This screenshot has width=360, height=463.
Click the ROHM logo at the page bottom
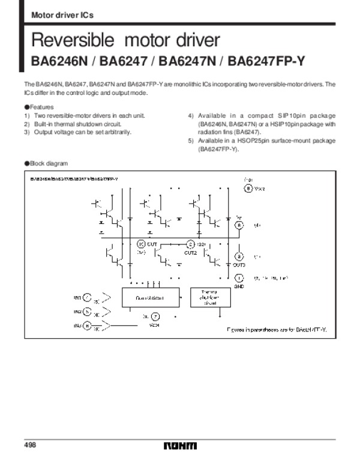179,446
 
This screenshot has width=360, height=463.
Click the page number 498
31,446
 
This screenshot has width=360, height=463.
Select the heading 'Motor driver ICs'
61,14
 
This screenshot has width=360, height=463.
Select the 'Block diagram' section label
47,163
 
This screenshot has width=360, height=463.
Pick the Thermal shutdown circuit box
206,297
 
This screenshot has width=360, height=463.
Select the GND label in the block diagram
239,286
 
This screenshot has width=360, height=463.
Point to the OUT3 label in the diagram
239,265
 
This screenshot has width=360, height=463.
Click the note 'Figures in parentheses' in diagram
280,330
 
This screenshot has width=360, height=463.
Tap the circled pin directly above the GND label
239,278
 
